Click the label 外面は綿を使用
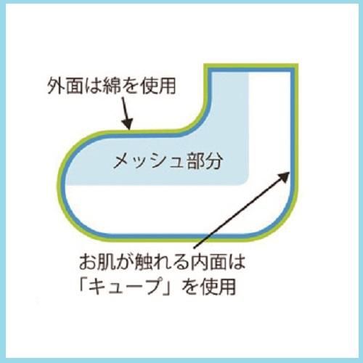(x=112, y=86)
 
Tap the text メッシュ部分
(x=168, y=160)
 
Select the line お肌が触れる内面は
(x=162, y=262)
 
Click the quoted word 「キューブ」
(x=126, y=287)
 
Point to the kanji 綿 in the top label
(x=112, y=86)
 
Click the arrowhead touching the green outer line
(x=127, y=123)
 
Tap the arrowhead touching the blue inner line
(x=283, y=177)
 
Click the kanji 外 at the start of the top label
(x=56, y=86)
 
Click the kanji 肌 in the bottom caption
(x=107, y=262)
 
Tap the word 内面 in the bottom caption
(x=208, y=262)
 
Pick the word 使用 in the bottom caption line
(x=218, y=287)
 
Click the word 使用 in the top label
(x=158, y=86)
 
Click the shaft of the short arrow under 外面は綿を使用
(x=124, y=108)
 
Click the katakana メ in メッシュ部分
(x=122, y=160)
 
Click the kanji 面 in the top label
(x=74, y=86)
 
